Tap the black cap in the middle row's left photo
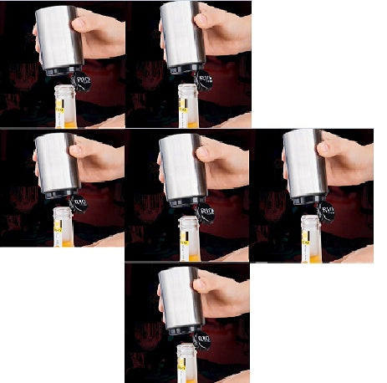[79, 203]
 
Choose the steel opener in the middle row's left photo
[55, 163]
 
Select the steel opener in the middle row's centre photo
[182, 167]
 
